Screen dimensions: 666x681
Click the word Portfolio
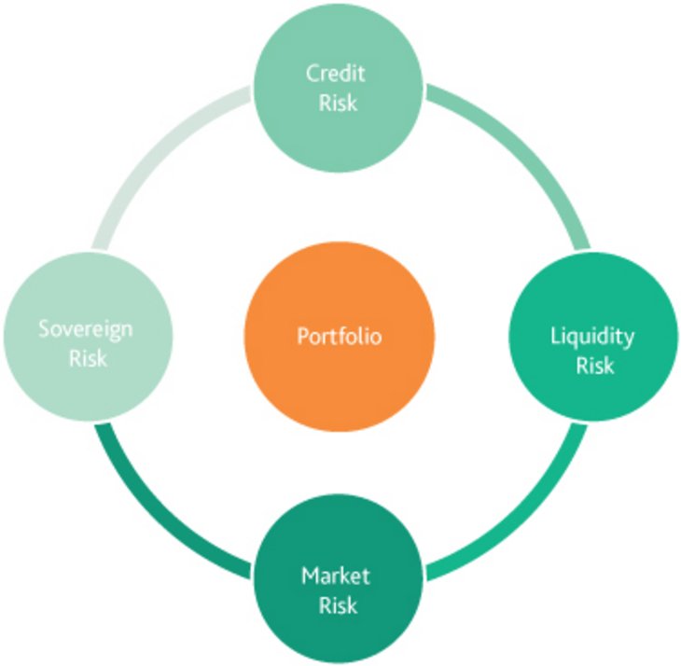tap(340, 336)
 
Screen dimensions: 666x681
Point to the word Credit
tap(336, 74)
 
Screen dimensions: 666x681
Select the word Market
tap(337, 576)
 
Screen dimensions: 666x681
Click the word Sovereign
tap(86, 328)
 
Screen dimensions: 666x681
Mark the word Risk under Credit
tap(337, 102)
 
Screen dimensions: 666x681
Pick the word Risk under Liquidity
tap(594, 365)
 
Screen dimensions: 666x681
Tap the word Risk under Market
tap(337, 604)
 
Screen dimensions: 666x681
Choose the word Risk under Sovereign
tap(88, 357)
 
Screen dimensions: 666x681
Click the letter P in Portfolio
tap(302, 336)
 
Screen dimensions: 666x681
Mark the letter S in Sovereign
tap(44, 328)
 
